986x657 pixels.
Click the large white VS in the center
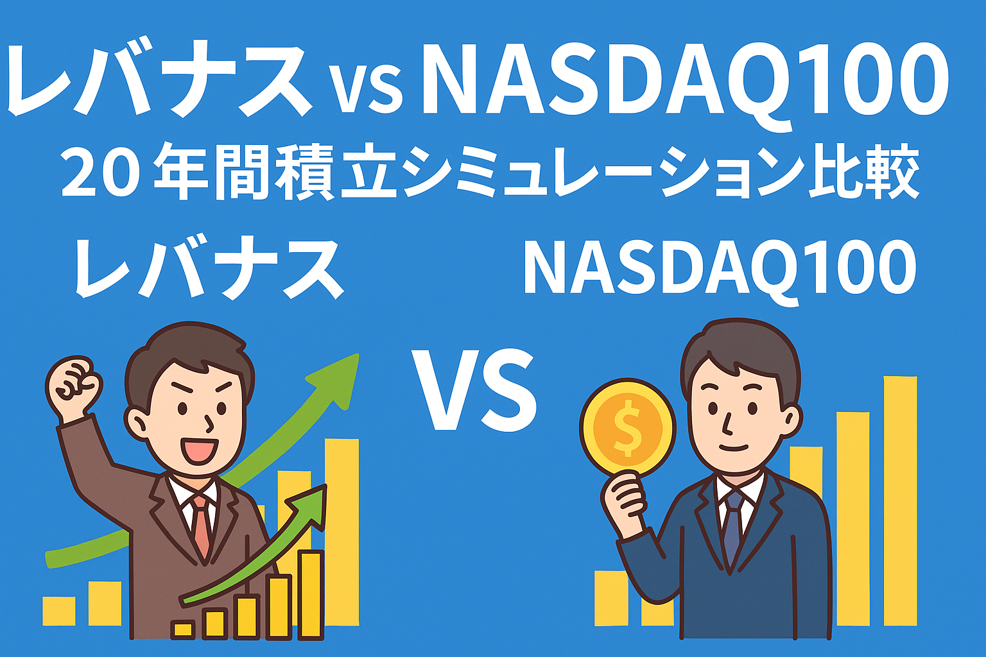(x=474, y=390)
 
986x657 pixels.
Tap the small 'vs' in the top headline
(x=367, y=90)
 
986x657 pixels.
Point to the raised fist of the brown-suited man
(x=74, y=382)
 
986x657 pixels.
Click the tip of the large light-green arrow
(x=358, y=355)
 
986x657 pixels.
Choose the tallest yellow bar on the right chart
(x=900, y=501)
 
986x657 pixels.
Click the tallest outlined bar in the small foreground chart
(x=311, y=595)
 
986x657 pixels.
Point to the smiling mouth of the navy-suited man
(x=734, y=448)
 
